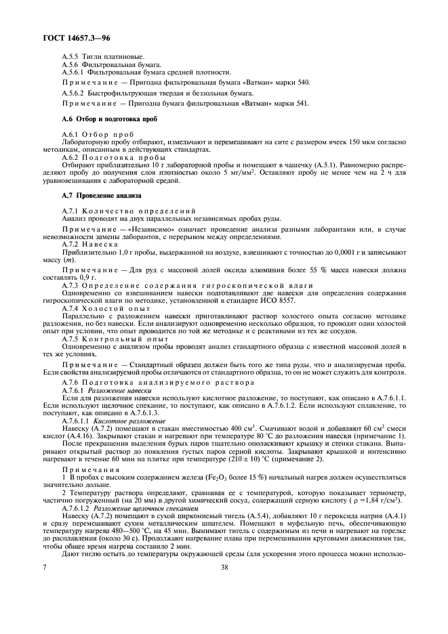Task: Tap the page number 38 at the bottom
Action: pos(223,606)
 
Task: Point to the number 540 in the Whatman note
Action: pos(302,81)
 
